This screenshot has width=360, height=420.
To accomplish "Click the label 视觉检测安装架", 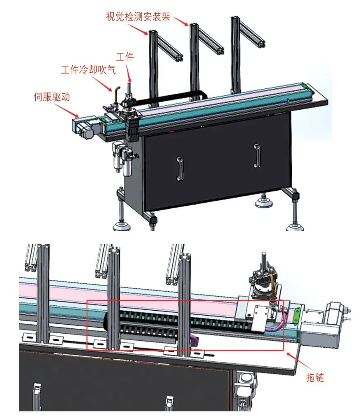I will click(138, 17).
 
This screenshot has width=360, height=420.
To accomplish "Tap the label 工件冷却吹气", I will click(88, 69).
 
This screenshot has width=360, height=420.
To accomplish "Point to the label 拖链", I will click(315, 377).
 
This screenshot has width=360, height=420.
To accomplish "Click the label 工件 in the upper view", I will click(125, 57).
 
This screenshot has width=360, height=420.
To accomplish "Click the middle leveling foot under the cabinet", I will click(261, 201).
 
